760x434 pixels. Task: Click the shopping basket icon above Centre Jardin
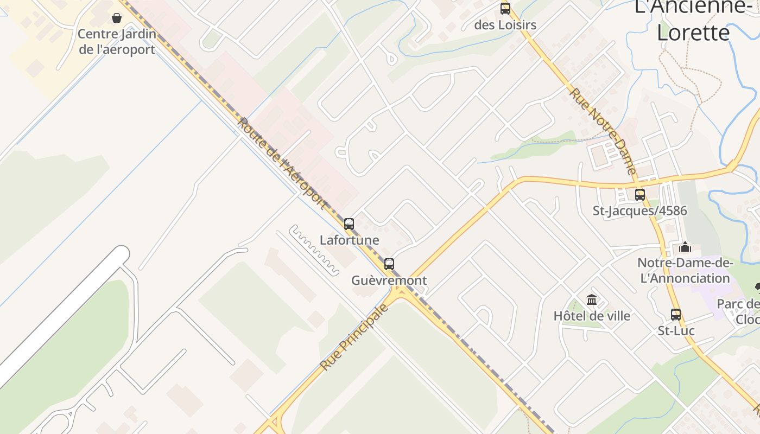click(117, 18)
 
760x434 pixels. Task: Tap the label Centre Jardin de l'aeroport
click(117, 42)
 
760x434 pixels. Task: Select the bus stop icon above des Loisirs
click(505, 9)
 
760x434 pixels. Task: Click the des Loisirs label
click(505, 25)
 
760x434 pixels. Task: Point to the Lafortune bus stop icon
click(349, 224)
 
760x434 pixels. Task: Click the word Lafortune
click(350, 240)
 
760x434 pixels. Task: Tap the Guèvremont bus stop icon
click(389, 264)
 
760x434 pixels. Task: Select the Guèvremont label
click(389, 280)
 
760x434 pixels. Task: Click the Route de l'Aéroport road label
click(283, 163)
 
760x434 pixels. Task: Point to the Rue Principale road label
click(354, 337)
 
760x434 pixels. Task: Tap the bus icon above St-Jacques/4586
click(640, 194)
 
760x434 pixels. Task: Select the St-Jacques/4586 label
click(640, 210)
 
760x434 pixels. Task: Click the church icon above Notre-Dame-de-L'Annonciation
click(685, 247)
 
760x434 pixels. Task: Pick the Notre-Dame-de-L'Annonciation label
click(685, 271)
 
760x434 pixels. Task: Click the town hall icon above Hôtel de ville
click(592, 299)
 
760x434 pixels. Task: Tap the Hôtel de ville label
click(592, 316)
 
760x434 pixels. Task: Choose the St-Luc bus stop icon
click(676, 314)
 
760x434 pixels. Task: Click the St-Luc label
click(676, 330)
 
